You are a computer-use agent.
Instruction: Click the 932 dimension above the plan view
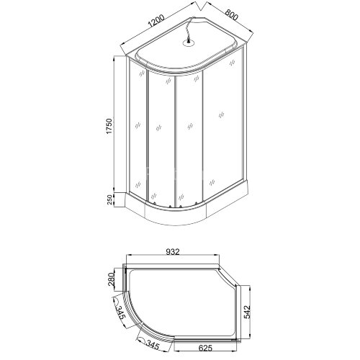pos(172,252)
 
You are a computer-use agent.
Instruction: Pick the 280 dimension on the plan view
pos(112,278)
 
